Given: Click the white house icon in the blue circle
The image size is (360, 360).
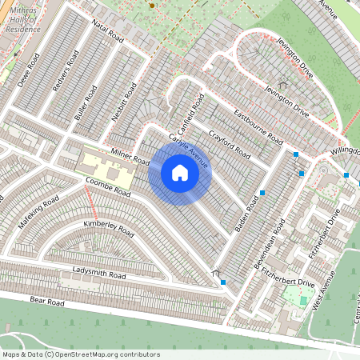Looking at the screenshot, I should [180, 172].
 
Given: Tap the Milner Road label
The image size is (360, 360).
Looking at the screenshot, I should [130, 156].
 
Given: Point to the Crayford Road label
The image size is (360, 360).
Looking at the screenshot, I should [230, 141].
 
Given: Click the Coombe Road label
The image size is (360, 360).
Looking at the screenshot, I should [108, 188].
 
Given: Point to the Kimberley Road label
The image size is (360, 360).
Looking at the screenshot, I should [109, 228].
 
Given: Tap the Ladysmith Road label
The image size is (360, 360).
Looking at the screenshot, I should [99, 274].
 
